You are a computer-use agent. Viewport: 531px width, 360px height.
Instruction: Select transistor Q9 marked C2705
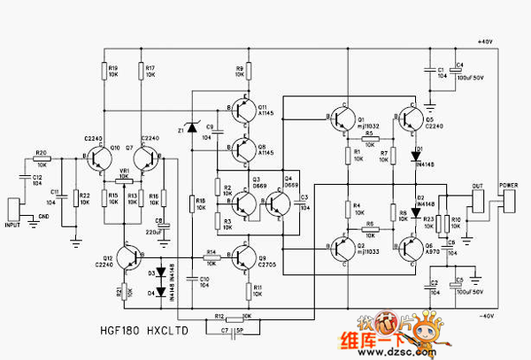tap(245, 257)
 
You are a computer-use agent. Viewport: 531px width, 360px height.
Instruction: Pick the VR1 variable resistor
tap(125, 176)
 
